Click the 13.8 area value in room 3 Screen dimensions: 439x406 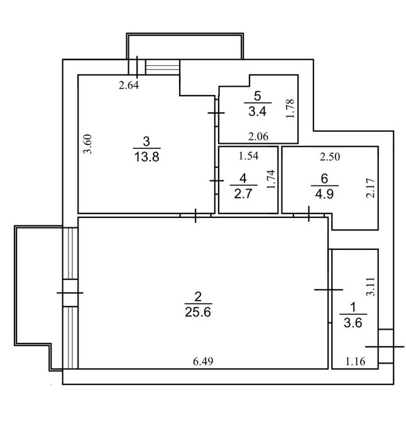click(146, 157)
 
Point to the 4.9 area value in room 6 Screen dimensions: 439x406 click(324, 193)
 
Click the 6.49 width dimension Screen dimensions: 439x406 click(202, 361)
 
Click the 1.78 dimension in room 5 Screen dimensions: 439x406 click(290, 108)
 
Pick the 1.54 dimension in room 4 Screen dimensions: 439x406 click(249, 154)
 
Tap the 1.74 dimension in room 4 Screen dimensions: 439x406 click(272, 181)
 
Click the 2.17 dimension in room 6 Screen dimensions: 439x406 click(370, 188)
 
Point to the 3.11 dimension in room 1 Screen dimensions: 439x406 click(371, 287)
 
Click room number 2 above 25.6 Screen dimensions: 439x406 click(198, 296)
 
